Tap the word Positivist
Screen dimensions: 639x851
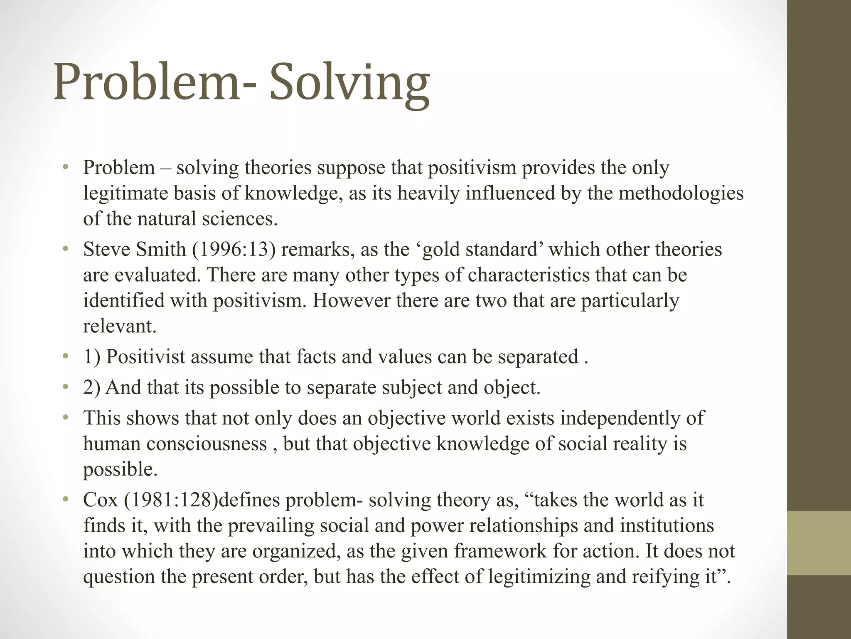(145, 357)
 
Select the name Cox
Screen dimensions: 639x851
(101, 500)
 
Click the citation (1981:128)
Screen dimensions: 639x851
(171, 500)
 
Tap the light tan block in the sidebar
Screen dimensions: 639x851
(819, 543)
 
